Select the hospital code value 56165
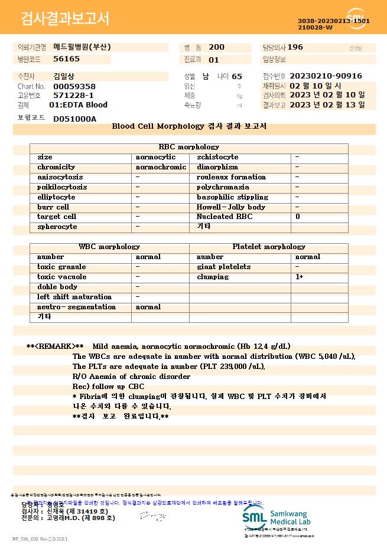click(66, 59)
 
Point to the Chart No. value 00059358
click(74, 86)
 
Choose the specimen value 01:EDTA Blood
click(78, 105)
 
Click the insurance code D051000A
click(74, 119)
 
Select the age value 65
click(237, 77)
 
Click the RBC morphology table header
click(189, 147)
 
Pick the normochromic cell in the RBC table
click(161, 167)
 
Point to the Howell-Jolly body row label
click(231, 207)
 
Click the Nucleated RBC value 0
click(298, 217)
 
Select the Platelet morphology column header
click(269, 247)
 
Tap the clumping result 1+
click(300, 277)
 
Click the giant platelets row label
click(223, 267)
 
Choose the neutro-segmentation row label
click(76, 307)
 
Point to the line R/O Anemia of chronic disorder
click(131, 376)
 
